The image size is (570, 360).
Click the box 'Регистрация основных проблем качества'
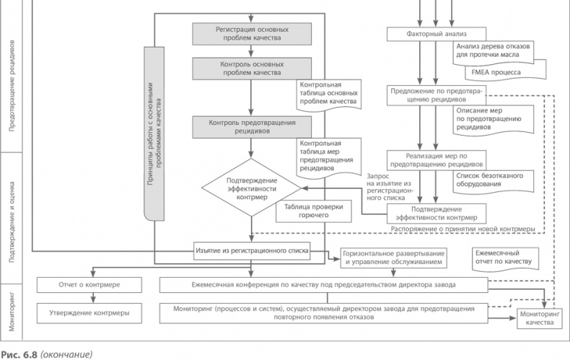252,34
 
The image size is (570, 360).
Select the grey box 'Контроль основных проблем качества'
252,69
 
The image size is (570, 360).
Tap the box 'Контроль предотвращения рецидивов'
252,127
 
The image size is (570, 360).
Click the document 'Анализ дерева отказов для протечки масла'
493,51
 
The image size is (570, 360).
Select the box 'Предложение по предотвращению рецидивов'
437,95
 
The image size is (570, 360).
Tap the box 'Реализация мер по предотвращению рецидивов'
437,160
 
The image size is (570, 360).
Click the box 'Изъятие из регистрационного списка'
252,252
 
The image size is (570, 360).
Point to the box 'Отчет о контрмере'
89,285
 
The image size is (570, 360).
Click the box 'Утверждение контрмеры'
89,313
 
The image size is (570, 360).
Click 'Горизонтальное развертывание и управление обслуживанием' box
393,258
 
